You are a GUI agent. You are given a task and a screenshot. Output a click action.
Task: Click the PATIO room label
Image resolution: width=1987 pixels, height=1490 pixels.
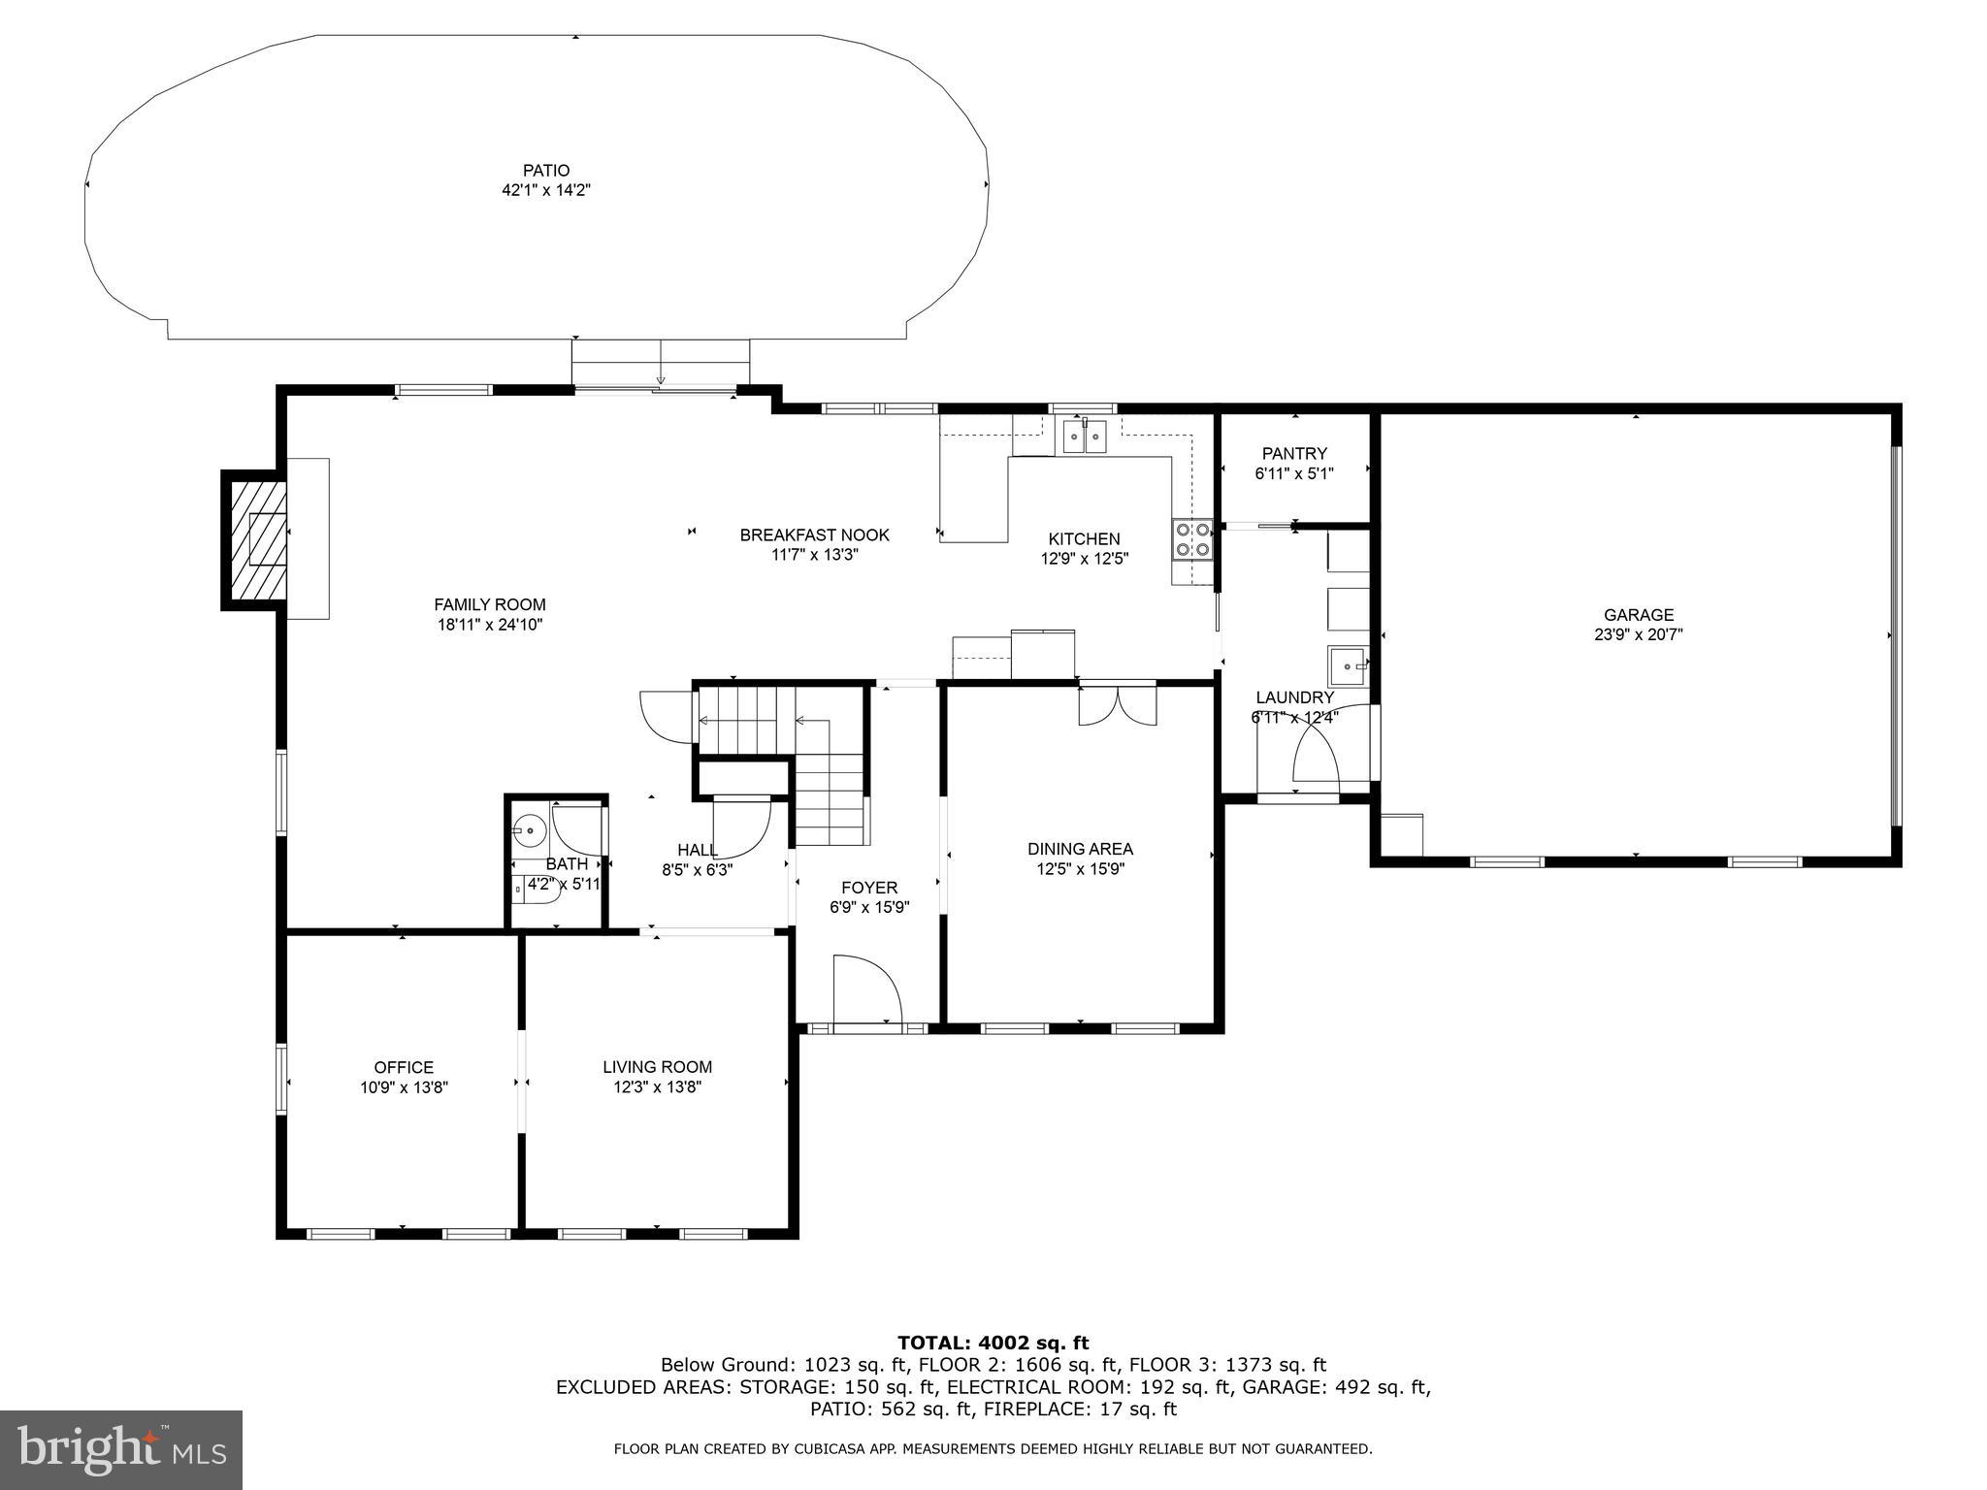pos(545,171)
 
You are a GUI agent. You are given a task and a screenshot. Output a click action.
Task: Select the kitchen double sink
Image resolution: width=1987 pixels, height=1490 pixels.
pos(1084,437)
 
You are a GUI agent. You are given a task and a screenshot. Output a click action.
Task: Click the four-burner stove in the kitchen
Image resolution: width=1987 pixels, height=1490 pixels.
pos(1192,539)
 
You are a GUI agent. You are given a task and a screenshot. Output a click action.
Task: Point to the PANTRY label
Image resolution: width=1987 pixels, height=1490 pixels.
pos(1293,454)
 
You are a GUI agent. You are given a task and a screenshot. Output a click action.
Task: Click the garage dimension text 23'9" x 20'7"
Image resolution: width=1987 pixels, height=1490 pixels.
pos(1638,635)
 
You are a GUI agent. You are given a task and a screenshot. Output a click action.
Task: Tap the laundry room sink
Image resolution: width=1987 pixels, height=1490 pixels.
pos(1347,665)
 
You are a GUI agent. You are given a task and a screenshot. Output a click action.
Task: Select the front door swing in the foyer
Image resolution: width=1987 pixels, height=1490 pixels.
pos(866,989)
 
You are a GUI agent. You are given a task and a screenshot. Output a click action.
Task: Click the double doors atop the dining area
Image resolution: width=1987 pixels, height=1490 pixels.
pos(1118,704)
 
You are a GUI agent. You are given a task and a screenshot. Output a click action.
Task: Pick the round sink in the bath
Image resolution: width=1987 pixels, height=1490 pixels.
pos(530,830)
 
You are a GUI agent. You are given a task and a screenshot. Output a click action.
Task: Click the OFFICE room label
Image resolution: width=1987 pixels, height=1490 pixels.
pos(404,1068)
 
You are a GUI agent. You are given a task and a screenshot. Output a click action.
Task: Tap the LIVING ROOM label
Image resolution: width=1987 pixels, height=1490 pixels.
pos(657,1067)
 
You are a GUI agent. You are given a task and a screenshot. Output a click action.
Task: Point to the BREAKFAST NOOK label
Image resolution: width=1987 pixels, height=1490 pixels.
pos(814,535)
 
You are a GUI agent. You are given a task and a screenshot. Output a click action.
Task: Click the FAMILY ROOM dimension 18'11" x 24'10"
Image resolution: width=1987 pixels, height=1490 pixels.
pos(489,626)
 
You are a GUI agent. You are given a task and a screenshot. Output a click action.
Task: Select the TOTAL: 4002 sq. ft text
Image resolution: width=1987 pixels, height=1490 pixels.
pos(993,1344)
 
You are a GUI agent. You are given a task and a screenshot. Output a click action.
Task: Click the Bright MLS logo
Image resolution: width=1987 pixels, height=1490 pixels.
pos(121,1449)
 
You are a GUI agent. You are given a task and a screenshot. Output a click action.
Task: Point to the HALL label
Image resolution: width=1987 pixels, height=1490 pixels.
pos(697,850)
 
